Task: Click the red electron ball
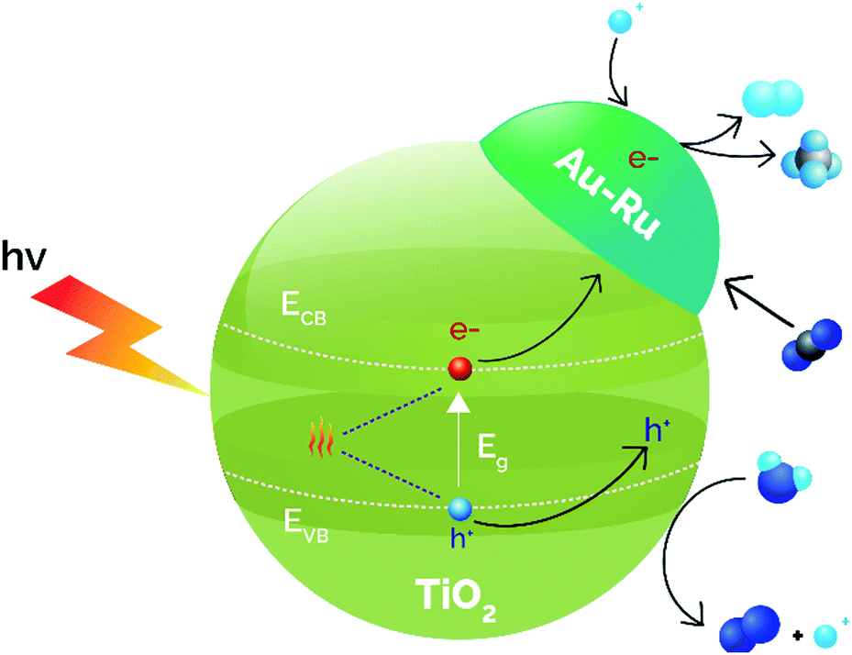tap(459, 369)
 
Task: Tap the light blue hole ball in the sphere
tap(459, 507)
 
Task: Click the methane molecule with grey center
tap(806, 163)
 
